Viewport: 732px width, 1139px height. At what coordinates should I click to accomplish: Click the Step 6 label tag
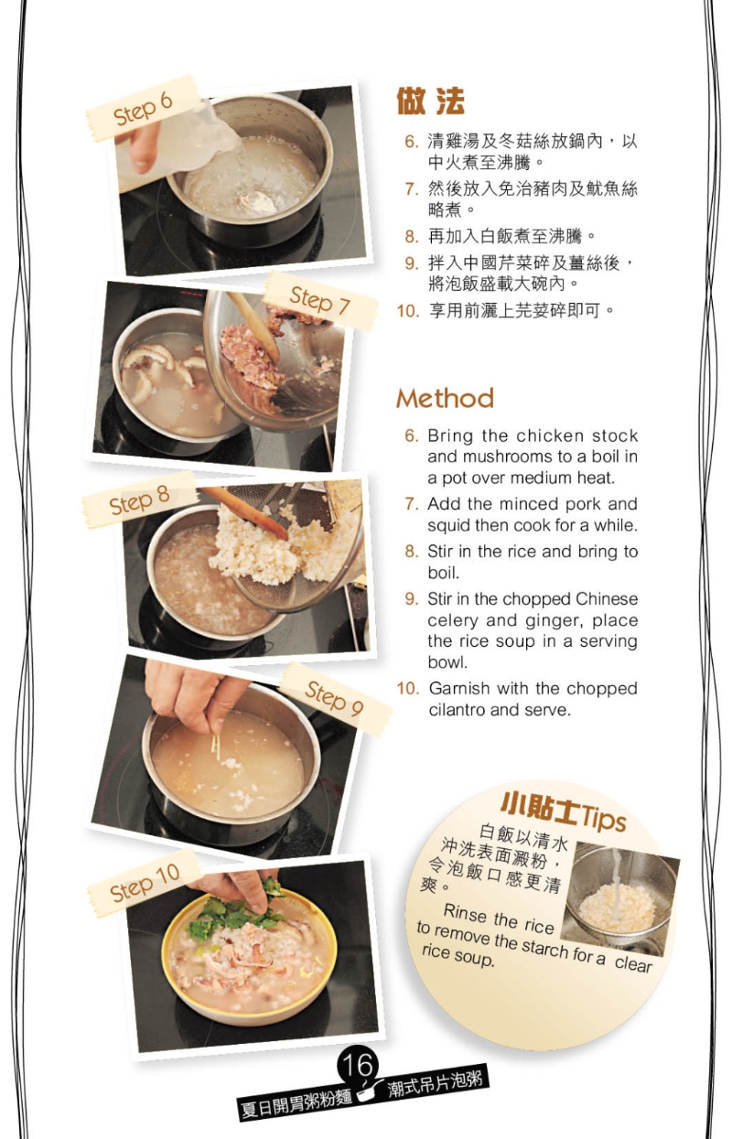coord(143,109)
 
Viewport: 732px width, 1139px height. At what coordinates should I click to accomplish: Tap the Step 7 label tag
coord(320,301)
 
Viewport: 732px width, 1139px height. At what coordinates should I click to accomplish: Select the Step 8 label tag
coord(139,500)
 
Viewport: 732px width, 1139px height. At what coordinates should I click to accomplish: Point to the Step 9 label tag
coord(334,700)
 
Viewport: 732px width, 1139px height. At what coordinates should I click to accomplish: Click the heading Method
coord(445,399)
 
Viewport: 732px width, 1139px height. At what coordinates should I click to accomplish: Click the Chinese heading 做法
coord(430,102)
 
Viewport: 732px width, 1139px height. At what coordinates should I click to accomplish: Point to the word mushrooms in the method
coord(489,457)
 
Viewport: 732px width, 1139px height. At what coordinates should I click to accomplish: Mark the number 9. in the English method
coord(412,599)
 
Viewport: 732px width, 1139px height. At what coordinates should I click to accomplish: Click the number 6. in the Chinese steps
coord(412,142)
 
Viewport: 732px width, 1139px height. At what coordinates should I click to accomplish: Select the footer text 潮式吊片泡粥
coord(437,1082)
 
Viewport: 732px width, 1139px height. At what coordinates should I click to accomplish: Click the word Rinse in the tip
coord(465,914)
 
